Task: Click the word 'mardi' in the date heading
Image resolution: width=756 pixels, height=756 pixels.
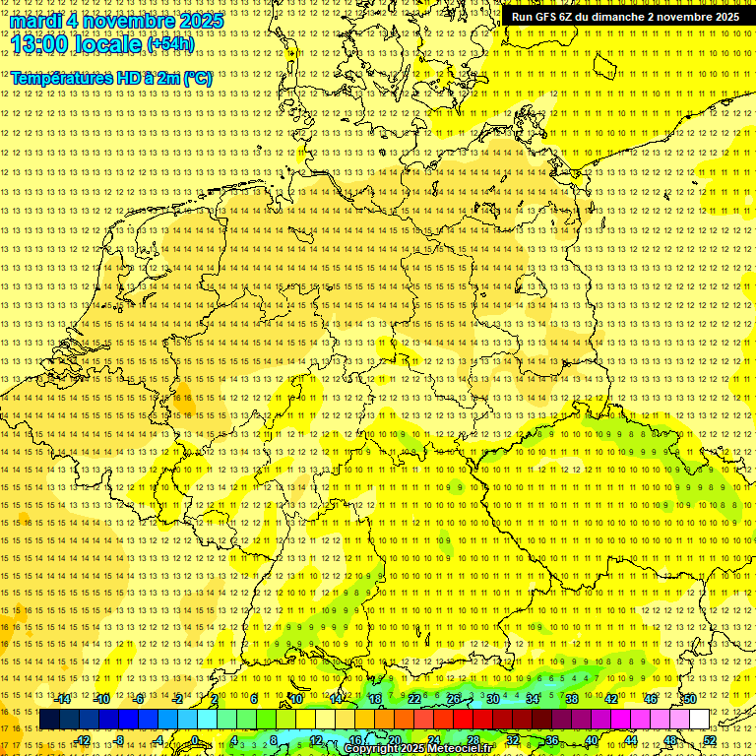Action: pyautogui.click(x=35, y=20)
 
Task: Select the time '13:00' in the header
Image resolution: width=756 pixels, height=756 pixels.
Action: pyautogui.click(x=47, y=43)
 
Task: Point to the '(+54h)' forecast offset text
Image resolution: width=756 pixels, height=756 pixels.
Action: pyautogui.click(x=170, y=44)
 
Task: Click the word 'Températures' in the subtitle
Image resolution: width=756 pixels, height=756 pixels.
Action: pyautogui.click(x=60, y=77)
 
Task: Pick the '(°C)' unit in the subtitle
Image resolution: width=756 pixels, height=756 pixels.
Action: pyautogui.click(x=195, y=77)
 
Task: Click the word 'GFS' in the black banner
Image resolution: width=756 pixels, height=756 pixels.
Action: pyautogui.click(x=547, y=17)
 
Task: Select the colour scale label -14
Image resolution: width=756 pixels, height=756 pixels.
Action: pyautogui.click(x=63, y=699)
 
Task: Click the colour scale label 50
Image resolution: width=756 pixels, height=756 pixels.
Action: pyautogui.click(x=690, y=699)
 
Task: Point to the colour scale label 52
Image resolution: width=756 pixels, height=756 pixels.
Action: pyautogui.click(x=710, y=740)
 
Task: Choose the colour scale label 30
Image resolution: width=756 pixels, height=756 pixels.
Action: pyautogui.click(x=493, y=699)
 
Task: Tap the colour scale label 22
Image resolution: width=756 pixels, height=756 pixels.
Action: pyautogui.click(x=414, y=699)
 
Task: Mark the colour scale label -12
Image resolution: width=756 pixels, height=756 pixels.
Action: pyautogui.click(x=83, y=740)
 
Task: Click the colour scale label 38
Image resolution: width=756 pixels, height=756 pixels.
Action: pyautogui.click(x=572, y=699)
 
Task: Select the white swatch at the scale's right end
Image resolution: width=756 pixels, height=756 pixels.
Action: pyautogui.click(x=700, y=720)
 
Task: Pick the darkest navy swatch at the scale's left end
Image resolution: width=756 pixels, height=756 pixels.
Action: pyautogui.click(x=49, y=720)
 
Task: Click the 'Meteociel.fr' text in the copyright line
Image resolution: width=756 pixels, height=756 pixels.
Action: pyautogui.click(x=458, y=749)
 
